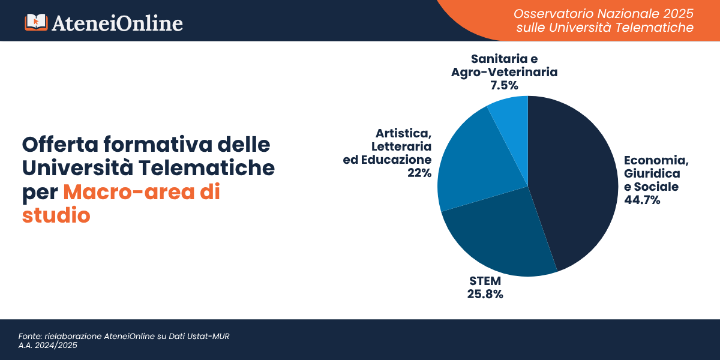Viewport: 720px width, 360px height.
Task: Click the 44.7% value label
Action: (642, 200)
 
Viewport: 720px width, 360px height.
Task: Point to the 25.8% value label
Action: (485, 294)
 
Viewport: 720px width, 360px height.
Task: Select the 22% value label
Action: (419, 173)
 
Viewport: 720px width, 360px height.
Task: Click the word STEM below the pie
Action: (485, 281)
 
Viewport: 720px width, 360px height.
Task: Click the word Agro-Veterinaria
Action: (504, 72)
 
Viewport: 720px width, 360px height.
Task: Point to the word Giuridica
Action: (652, 173)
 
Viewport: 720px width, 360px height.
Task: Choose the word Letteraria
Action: (401, 146)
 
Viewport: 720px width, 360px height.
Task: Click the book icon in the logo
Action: (35, 22)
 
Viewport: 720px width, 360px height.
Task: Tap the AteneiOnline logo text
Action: (117, 23)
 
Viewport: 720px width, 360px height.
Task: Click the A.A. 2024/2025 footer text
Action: (48, 346)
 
